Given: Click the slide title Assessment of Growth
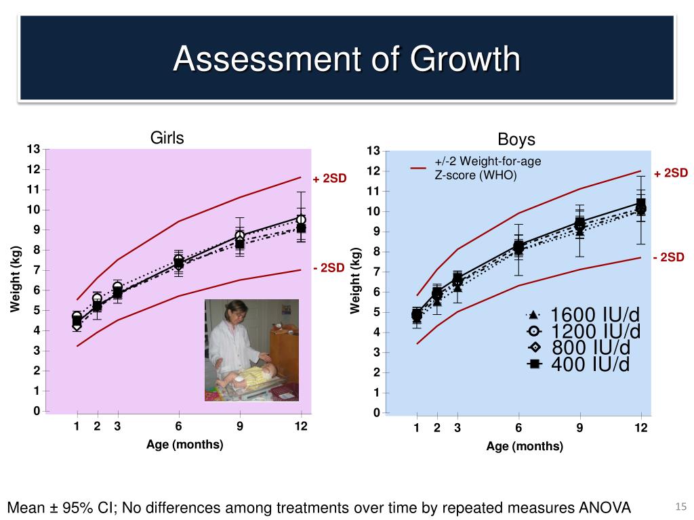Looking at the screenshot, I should [x=346, y=60].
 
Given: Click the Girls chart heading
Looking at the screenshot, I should [x=167, y=138].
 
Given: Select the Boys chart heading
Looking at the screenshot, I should [x=516, y=140].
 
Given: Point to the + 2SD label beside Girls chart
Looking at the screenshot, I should [x=329, y=179].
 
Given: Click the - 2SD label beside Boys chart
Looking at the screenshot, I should [x=669, y=257].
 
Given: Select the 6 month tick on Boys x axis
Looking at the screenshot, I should [x=518, y=428].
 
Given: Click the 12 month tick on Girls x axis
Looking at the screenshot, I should [x=301, y=427].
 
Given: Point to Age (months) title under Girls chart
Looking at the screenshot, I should [x=185, y=445].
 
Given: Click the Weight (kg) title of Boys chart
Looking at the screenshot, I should [x=354, y=280].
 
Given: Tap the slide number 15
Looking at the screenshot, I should [x=681, y=508].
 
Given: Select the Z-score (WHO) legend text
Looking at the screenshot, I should [x=475, y=175].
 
